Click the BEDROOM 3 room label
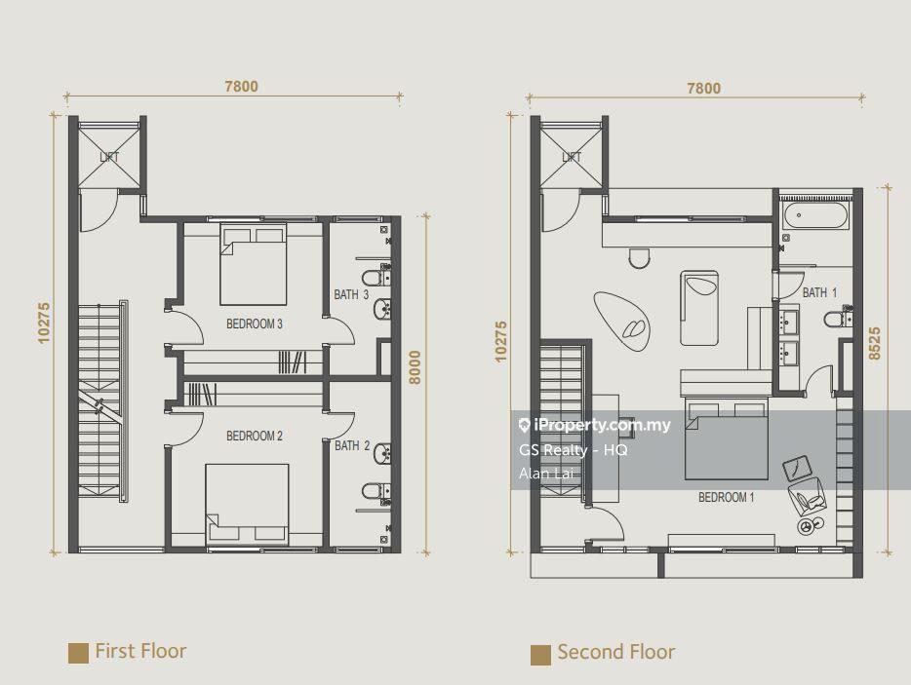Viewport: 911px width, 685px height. click(255, 323)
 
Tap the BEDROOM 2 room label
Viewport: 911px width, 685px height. click(255, 436)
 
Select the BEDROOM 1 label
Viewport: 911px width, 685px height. click(727, 498)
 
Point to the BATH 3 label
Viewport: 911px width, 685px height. click(351, 295)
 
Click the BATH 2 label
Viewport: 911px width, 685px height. click(352, 446)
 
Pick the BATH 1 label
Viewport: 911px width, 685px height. click(819, 292)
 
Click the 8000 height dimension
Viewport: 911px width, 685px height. click(415, 367)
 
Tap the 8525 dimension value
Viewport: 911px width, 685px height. click(874, 344)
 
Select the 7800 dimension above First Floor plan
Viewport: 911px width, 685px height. click(241, 87)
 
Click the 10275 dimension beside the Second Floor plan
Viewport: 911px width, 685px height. click(500, 342)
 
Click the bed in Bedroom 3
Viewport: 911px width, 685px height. click(254, 264)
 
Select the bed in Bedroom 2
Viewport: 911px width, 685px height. click(248, 504)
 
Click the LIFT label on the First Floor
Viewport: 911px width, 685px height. click(109, 157)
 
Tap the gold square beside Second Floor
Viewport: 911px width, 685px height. click(540, 655)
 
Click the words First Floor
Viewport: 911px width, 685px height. click(140, 651)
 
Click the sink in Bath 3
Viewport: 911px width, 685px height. click(382, 310)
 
